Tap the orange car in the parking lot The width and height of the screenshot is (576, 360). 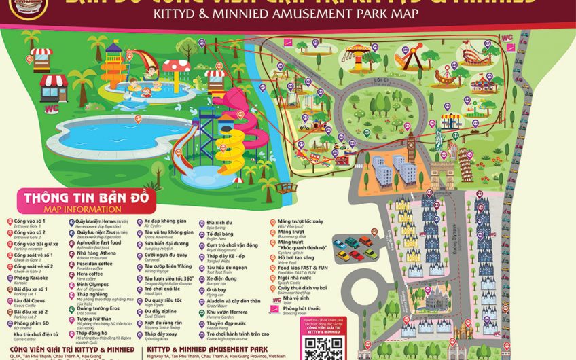342,255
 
